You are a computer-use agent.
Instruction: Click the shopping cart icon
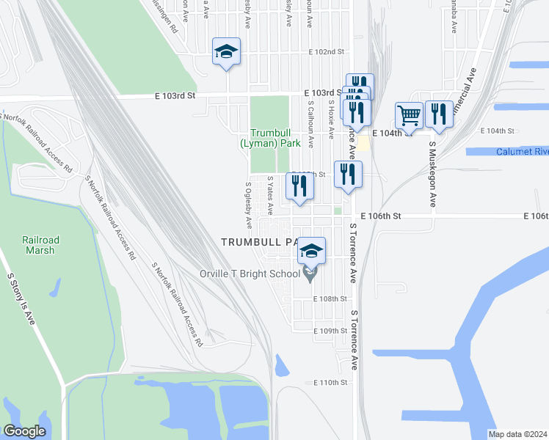tap(409, 114)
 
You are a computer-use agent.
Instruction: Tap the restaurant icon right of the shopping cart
tap(439, 114)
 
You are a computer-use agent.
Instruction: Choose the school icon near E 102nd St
tap(227, 51)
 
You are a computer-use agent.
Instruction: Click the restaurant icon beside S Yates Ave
tap(299, 187)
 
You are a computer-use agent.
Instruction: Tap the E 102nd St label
tap(327, 52)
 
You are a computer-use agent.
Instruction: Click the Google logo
tap(24, 430)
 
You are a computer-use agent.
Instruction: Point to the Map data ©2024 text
tap(517, 434)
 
